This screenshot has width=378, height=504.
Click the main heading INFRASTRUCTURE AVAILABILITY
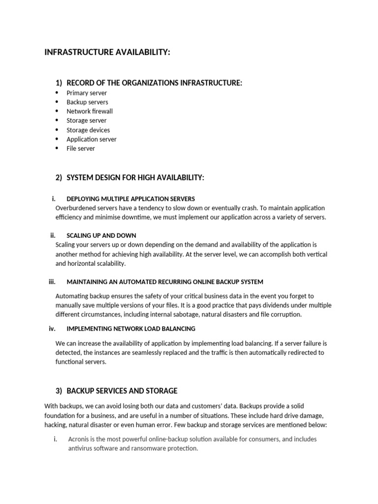107,53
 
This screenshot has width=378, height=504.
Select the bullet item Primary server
87,93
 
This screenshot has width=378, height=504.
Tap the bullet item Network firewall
90,111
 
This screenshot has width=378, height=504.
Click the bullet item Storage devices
88,130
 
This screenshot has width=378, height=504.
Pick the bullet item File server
81,148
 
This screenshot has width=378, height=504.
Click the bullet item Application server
92,139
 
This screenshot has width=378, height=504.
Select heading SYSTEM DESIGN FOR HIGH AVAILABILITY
135,178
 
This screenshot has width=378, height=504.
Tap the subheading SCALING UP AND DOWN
101,235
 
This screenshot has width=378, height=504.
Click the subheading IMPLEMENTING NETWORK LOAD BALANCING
131,328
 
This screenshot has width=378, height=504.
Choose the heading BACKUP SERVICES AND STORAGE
122,391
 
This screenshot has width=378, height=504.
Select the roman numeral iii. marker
51,282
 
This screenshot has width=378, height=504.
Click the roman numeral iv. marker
51,328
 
